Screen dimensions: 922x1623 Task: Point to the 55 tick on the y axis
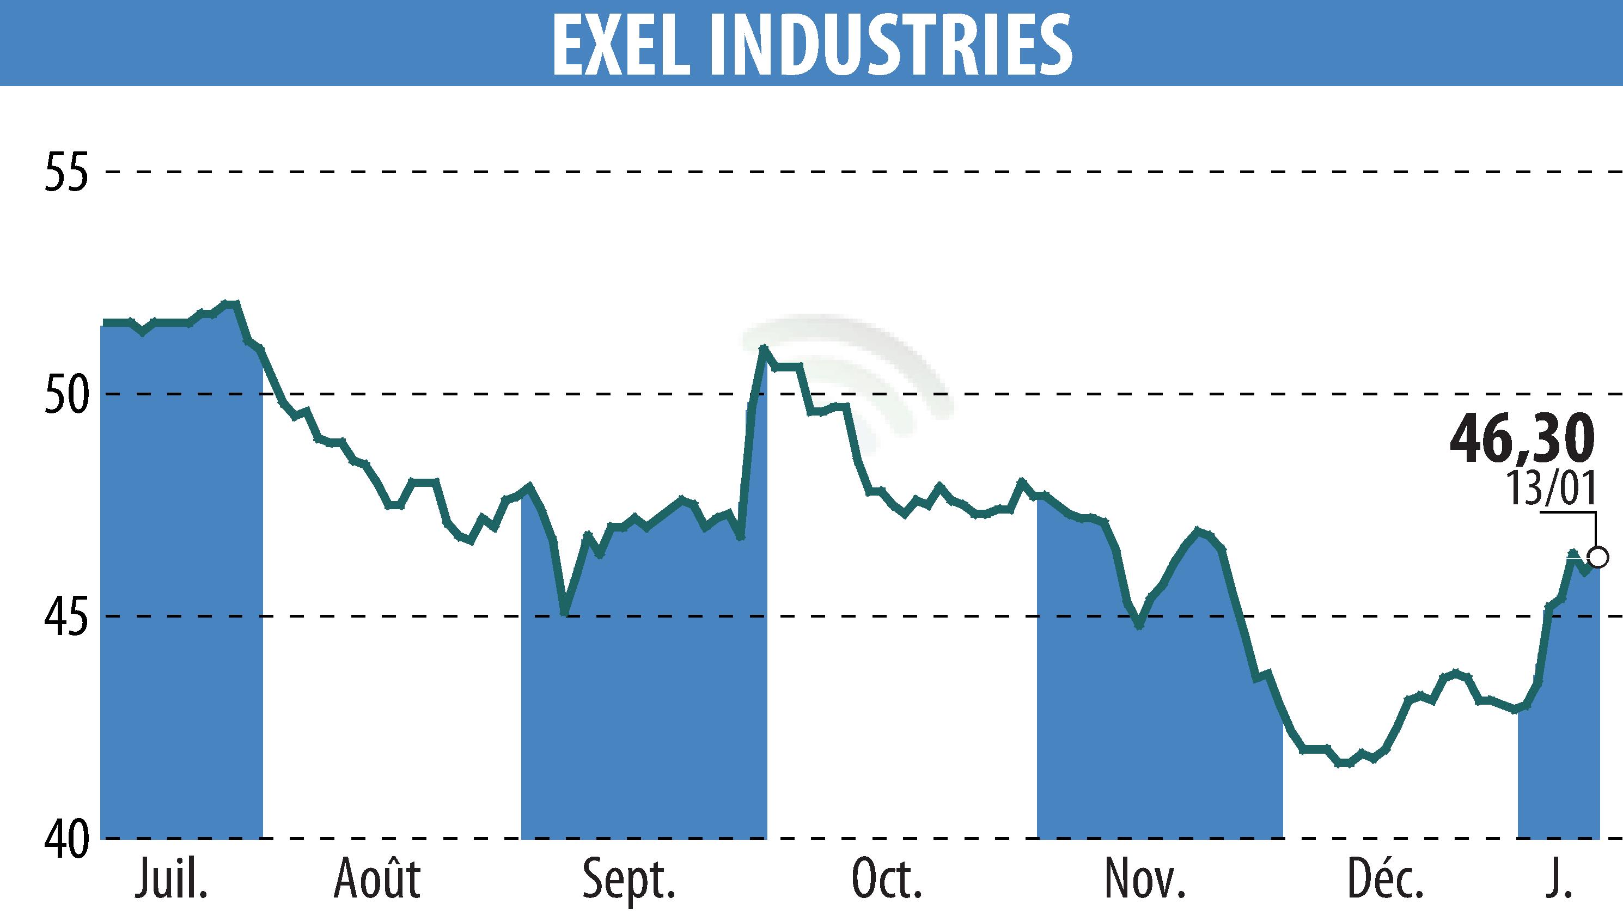click(65, 171)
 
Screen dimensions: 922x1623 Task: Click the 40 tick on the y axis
click(65, 839)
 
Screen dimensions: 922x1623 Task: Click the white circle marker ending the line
click(1598, 558)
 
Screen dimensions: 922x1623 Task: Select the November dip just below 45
click(1139, 626)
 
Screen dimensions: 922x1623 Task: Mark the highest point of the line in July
click(230, 303)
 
